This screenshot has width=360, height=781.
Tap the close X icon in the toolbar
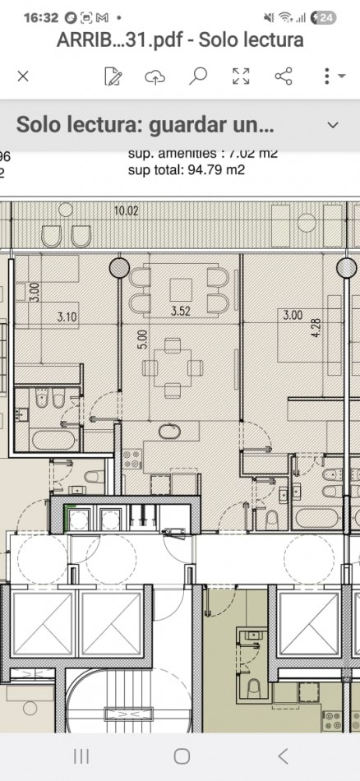(x=23, y=76)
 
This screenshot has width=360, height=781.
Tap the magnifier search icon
(x=197, y=76)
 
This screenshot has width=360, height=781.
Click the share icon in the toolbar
(x=284, y=76)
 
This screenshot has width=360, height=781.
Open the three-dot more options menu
(x=327, y=76)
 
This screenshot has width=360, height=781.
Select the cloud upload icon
(x=155, y=76)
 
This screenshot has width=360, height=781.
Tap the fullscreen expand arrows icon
(x=241, y=76)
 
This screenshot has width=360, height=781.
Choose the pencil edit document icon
(x=113, y=76)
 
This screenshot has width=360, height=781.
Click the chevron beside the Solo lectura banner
(x=333, y=125)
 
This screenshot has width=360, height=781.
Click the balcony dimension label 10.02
(x=127, y=210)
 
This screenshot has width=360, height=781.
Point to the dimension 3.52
(x=180, y=312)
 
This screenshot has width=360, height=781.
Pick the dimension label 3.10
(x=67, y=316)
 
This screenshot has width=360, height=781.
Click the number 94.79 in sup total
(x=210, y=170)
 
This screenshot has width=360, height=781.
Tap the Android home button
(x=182, y=756)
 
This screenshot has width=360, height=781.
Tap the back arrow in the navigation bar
(x=283, y=756)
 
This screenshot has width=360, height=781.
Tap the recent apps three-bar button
(x=81, y=756)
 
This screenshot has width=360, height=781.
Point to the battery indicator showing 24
(x=326, y=17)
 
